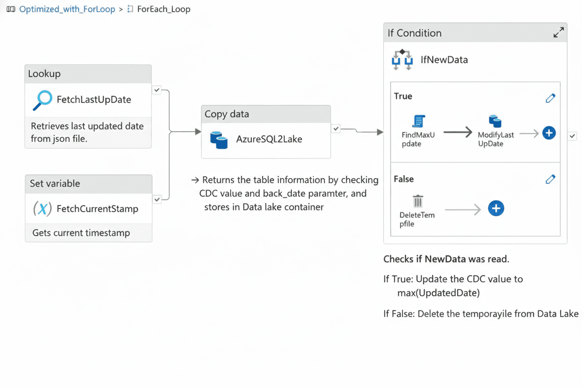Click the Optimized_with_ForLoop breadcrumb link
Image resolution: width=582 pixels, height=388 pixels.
(x=67, y=9)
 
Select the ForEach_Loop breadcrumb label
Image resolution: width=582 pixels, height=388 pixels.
(x=163, y=9)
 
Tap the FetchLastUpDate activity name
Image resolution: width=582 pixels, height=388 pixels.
(x=94, y=99)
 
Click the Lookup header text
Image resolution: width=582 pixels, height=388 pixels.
(x=44, y=74)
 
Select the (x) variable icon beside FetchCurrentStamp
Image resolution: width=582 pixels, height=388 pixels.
(x=42, y=208)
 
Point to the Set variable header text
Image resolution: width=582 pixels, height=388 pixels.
(x=55, y=183)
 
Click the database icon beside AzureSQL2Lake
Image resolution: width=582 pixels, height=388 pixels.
(x=219, y=139)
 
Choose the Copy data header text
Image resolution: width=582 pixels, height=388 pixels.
(x=227, y=114)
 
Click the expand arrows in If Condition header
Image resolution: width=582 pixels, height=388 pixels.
(x=558, y=33)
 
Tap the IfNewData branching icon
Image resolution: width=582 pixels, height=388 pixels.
(x=402, y=60)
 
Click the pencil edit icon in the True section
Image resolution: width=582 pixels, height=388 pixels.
(x=550, y=98)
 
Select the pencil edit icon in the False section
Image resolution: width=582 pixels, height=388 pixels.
(x=550, y=179)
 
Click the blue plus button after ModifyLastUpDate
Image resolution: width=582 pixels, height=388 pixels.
(x=549, y=133)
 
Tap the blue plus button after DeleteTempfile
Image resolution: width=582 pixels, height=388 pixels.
(x=496, y=208)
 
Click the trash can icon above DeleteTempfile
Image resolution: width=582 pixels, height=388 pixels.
(x=417, y=201)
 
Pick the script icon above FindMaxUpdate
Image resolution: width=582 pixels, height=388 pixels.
(x=418, y=121)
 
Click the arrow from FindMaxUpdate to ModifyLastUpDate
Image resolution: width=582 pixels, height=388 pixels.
(x=457, y=133)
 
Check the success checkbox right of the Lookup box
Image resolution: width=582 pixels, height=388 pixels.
(x=157, y=90)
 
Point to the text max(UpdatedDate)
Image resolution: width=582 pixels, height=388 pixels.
(x=438, y=293)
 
